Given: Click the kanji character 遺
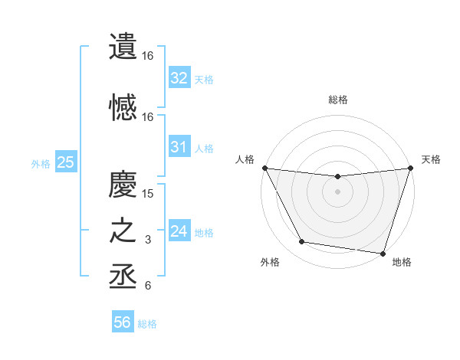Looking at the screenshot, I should click(x=124, y=47).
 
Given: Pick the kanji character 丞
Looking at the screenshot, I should click(x=124, y=277).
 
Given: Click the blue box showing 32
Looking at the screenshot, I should click(x=179, y=77).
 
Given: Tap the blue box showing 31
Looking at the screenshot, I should click(x=179, y=147).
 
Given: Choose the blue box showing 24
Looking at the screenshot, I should click(x=179, y=231).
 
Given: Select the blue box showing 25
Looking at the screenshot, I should click(x=65, y=162).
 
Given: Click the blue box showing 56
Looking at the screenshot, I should click(x=123, y=322).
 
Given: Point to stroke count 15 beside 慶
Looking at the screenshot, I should click(x=148, y=193).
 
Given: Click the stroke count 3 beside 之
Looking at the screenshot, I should click(x=148, y=240).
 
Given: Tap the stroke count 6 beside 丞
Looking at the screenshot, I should click(x=148, y=286).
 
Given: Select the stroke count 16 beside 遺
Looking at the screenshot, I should click(x=148, y=56).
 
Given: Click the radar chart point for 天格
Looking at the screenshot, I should click(x=409, y=169).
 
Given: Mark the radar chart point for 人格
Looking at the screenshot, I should click(x=264, y=168).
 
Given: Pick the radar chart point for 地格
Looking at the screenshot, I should click(x=383, y=253).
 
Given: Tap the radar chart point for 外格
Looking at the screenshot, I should click(x=302, y=242).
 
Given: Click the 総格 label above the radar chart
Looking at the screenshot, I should click(x=338, y=100).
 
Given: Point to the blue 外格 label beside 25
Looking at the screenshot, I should click(x=41, y=163).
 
